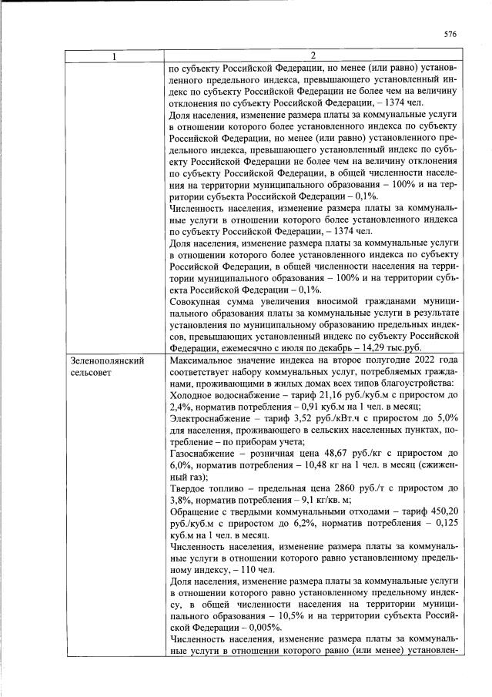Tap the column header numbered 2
pos(313,56)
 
